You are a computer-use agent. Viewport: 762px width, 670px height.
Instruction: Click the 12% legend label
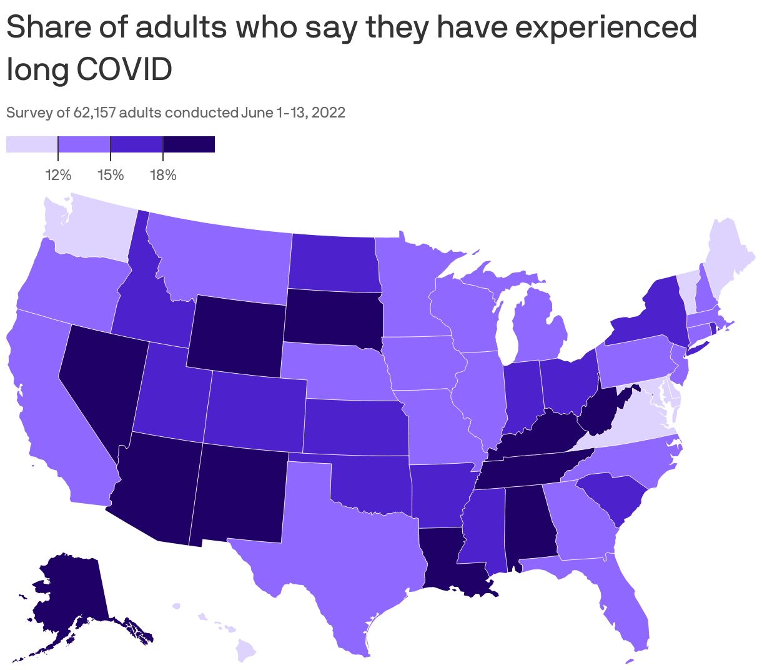[x=58, y=175]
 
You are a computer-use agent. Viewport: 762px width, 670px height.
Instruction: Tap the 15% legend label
[x=111, y=175]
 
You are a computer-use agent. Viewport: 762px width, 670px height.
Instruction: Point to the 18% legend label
[x=163, y=175]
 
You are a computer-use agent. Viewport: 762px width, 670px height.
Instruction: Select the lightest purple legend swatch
[x=32, y=144]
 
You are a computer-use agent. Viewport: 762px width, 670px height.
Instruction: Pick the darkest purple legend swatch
[x=189, y=144]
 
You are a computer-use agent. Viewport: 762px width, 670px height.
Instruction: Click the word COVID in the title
[x=124, y=69]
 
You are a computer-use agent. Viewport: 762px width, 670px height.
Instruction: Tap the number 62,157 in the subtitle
[x=94, y=113]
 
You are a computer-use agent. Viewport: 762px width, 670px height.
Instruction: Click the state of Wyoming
[x=236, y=336]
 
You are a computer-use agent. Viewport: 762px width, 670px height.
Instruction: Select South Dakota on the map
[x=332, y=317]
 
